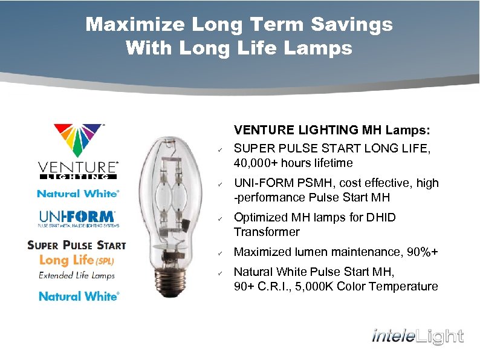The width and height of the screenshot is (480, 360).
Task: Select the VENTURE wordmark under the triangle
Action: (77, 168)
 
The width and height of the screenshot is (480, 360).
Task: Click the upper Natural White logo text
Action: (78, 194)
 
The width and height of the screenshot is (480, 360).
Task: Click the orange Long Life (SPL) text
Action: (76, 260)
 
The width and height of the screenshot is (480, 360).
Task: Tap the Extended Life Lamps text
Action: (77, 275)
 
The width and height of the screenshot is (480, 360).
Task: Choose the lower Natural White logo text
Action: (79, 296)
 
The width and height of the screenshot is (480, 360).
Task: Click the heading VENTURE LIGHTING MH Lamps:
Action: (332, 130)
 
